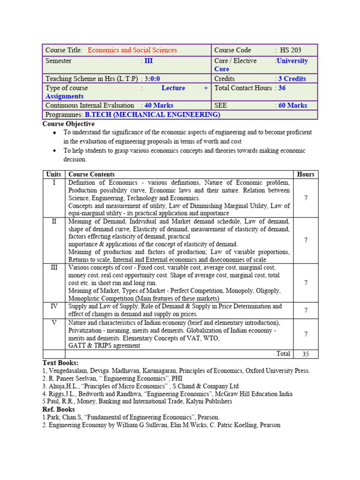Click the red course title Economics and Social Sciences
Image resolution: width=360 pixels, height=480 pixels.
132,50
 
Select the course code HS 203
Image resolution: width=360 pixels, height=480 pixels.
291,50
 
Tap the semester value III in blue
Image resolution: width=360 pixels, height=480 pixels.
148,61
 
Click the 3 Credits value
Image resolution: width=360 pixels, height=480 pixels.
292,79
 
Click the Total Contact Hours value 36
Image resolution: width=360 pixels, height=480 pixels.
281,88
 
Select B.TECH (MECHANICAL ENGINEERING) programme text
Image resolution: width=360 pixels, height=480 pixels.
152,114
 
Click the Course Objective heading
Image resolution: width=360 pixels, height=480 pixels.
68,124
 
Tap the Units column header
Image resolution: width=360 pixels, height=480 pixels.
54,174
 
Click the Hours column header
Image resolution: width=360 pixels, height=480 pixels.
306,174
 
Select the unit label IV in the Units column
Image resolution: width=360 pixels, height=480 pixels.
54,306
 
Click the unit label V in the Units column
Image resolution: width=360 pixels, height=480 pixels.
54,323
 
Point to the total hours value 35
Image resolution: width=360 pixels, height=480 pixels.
306,354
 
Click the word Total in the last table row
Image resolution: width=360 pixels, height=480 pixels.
283,354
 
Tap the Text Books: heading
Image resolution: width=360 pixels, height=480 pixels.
60,363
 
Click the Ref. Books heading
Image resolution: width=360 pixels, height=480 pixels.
59,409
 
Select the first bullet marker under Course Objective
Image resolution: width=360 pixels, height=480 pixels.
55,133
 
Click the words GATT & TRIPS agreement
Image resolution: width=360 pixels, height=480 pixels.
104,345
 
